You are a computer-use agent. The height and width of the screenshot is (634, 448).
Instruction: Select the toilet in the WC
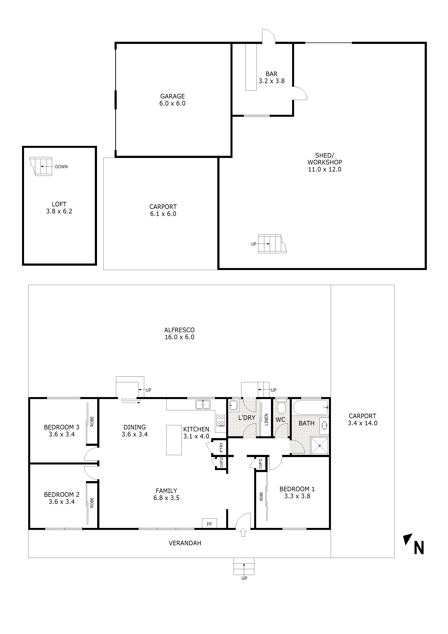click(x=281, y=407)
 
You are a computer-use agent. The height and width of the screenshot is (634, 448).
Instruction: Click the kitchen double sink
click(x=203, y=404)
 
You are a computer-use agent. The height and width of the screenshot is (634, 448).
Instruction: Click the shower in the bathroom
click(x=319, y=445)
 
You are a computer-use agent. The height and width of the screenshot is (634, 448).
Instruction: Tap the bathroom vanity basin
click(x=324, y=425)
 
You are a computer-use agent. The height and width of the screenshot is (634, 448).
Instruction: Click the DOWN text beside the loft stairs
click(x=61, y=167)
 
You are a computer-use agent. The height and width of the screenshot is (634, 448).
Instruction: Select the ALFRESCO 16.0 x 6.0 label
click(x=179, y=333)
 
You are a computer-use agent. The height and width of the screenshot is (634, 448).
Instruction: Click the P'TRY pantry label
click(x=221, y=447)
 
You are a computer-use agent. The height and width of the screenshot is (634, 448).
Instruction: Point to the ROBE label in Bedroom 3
click(x=92, y=421)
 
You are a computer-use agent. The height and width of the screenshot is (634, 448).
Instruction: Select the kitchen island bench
click(x=174, y=440)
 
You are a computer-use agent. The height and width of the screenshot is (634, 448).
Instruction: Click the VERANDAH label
click(x=185, y=543)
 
